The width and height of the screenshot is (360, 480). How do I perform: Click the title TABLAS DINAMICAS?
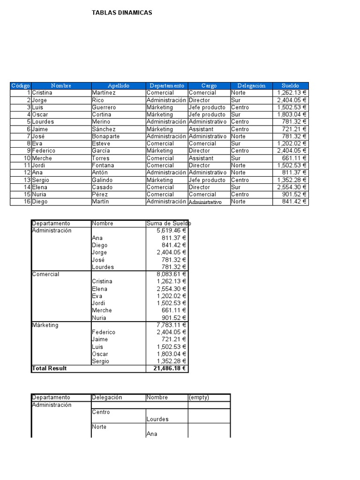pos(122,13)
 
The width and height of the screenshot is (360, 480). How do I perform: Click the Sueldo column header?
pos(290,86)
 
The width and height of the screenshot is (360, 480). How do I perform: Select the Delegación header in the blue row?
pos(251,86)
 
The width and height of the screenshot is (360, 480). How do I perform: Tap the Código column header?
pos(20,86)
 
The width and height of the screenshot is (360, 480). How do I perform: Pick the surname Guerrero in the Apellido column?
pos(104,107)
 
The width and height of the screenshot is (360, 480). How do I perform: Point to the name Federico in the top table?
pos(44,151)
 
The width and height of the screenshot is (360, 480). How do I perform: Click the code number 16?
pos(27,202)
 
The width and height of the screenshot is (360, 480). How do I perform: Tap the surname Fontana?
pos(103,165)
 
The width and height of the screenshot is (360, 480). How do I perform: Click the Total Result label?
pos(49,368)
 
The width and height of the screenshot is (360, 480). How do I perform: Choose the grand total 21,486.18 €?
pos(170,368)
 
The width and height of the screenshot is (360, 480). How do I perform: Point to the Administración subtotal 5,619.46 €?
pos(171,231)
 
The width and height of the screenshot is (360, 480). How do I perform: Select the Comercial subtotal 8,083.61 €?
pos(171,274)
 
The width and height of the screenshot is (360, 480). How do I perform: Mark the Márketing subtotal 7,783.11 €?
pos(171,325)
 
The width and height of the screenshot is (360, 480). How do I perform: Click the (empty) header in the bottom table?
pos(199,397)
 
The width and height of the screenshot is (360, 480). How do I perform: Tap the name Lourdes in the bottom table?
pos(157,419)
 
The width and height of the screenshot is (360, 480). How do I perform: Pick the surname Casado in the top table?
pos(102,187)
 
